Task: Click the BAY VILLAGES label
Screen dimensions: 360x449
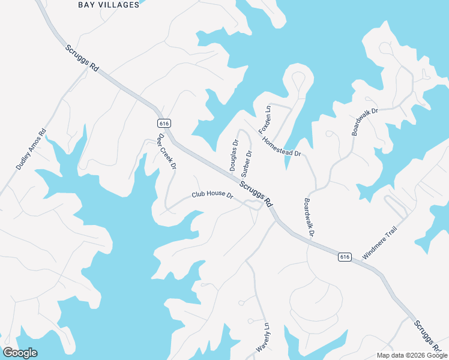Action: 109,5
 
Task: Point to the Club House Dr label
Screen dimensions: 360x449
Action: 212,195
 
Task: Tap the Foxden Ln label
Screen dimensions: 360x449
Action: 265,119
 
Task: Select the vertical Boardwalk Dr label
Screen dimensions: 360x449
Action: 309,217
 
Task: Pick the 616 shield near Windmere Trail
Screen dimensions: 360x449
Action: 344,256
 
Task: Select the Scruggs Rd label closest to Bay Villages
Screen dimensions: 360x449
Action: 82,58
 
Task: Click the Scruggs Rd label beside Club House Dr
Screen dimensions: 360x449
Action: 256,191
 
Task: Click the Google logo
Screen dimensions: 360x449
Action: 20,353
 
